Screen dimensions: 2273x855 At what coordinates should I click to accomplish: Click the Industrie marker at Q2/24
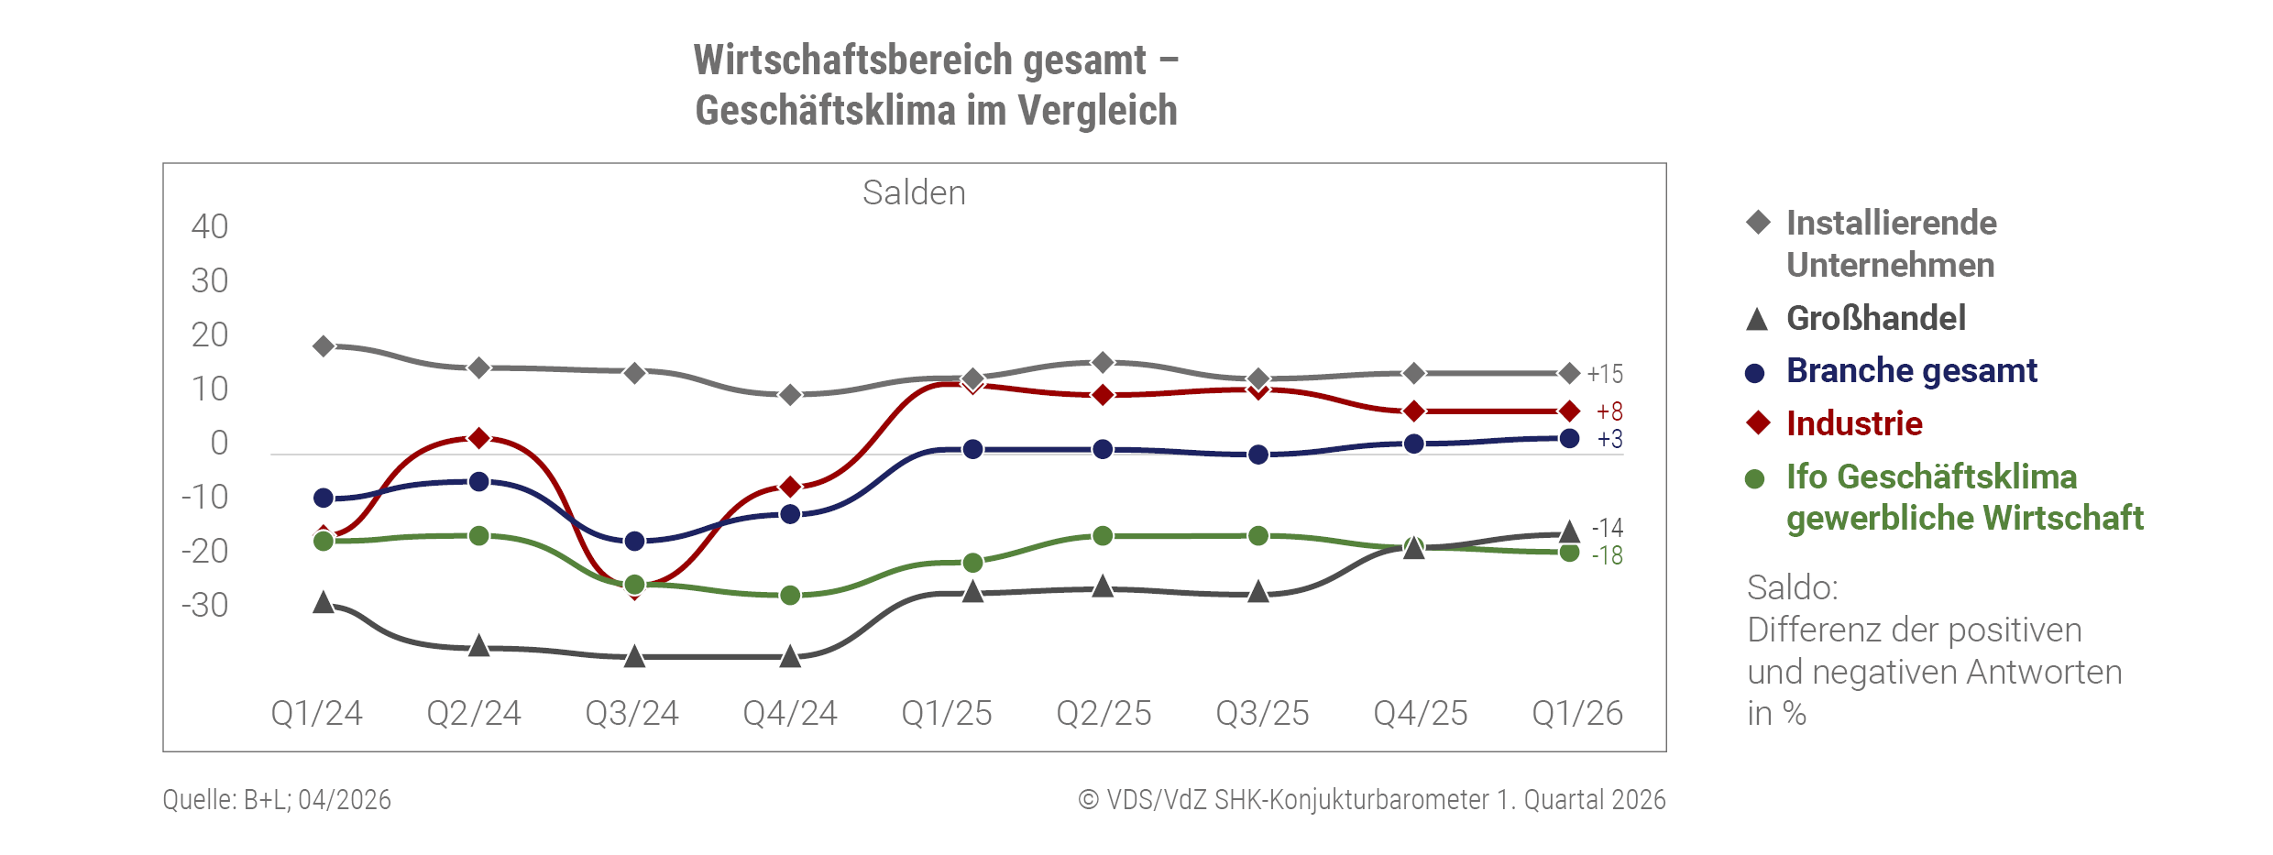point(478,438)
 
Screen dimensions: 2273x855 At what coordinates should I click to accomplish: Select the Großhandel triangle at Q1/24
point(324,602)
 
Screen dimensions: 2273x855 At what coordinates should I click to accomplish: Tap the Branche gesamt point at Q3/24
point(634,542)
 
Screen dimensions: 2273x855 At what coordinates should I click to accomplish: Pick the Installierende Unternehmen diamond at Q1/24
point(324,346)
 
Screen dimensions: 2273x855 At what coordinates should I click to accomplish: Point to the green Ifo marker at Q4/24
point(790,596)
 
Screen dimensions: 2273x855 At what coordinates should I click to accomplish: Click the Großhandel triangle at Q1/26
point(1569,532)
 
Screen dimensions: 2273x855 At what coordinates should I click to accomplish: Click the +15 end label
point(1605,374)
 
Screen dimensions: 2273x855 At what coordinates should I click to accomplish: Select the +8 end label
point(1609,411)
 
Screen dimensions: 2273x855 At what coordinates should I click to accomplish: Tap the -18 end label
point(1607,555)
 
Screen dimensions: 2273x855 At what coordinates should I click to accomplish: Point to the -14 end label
point(1607,528)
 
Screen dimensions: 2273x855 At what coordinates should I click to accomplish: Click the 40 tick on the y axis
point(210,226)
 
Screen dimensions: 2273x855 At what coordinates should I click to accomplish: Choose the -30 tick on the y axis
point(204,605)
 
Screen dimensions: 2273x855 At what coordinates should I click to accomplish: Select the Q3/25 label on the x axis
point(1262,713)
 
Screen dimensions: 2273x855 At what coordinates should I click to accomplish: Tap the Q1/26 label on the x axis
point(1577,713)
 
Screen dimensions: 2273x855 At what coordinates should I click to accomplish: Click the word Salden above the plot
point(914,193)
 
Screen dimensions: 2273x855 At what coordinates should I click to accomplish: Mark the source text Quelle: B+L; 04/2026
point(277,800)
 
